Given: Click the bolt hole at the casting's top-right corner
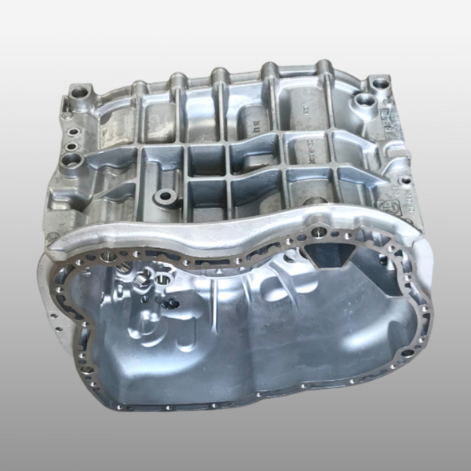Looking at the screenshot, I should click(x=380, y=82).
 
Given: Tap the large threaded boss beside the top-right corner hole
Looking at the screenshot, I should click(x=363, y=100).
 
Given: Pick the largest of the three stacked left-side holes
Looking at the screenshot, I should click(x=74, y=159).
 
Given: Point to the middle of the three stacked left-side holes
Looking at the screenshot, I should click(x=71, y=146).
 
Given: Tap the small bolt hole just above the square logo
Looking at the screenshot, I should click(x=405, y=181).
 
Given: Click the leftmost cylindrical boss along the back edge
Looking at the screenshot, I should click(x=139, y=85).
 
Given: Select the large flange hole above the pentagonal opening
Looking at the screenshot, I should click(x=317, y=232).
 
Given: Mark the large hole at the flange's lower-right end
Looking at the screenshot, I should click(x=407, y=352).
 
